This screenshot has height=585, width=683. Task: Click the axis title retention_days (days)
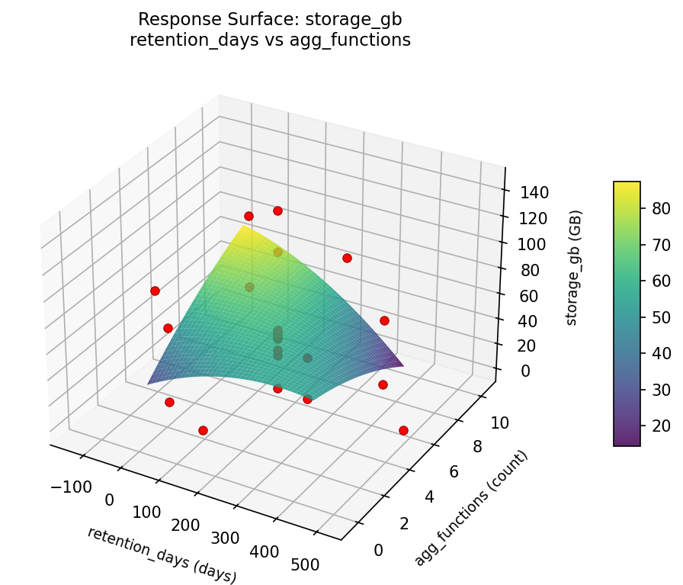pos(162,554)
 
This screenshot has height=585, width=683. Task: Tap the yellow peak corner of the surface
pos(244,226)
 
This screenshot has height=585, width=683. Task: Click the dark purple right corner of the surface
pos(402,363)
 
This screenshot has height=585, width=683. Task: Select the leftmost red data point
pos(155,291)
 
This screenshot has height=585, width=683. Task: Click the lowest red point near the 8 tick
pos(403,431)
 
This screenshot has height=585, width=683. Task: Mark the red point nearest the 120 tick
pos(347,259)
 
